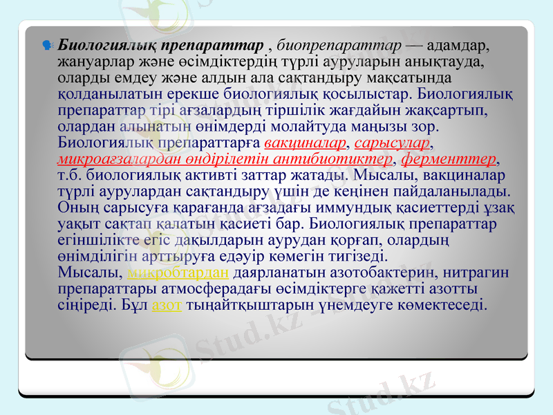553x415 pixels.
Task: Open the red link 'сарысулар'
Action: click(x=392, y=143)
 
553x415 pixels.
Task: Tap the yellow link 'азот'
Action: click(x=167, y=304)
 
